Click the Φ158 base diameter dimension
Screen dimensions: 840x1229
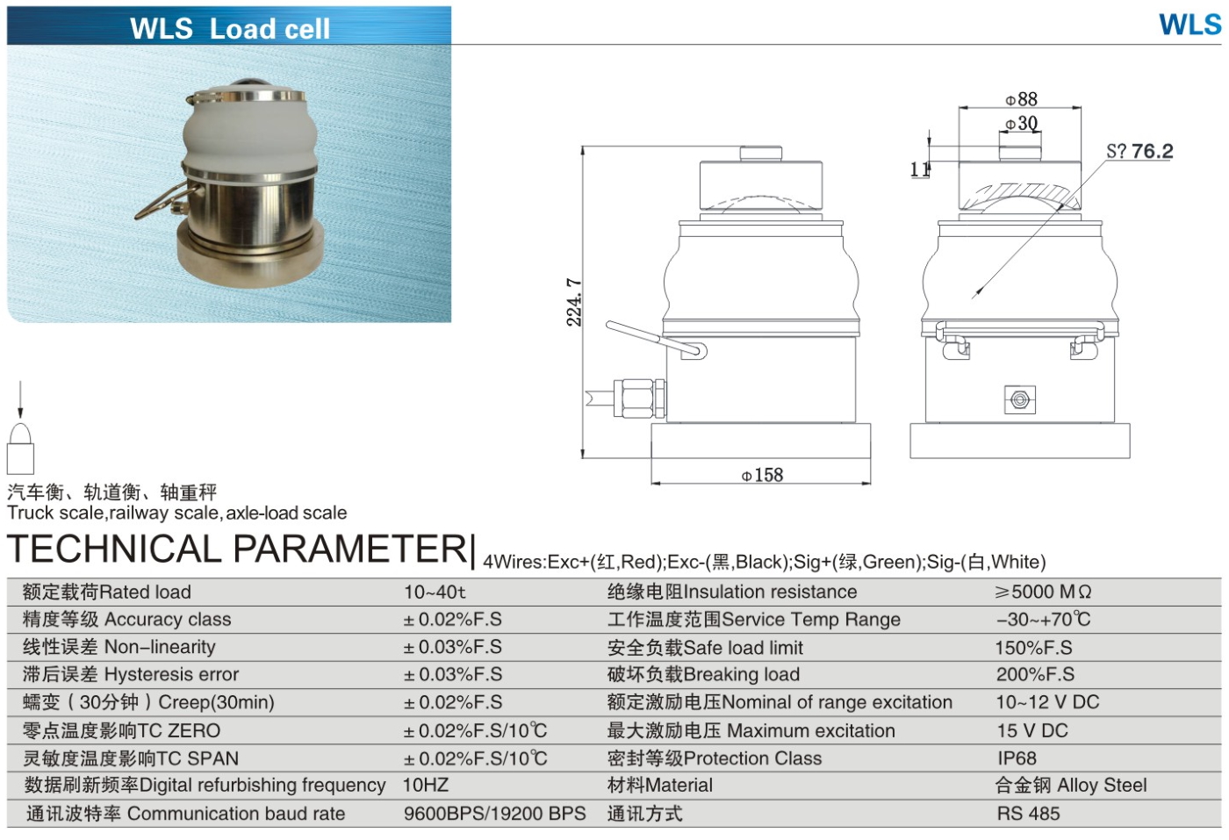pyautogui.click(x=762, y=475)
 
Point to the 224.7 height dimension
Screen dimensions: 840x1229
pyautogui.click(x=574, y=302)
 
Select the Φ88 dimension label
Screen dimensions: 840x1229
pyautogui.click(x=1021, y=99)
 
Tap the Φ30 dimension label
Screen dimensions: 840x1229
pyautogui.click(x=1021, y=124)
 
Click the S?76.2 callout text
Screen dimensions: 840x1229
pyautogui.click(x=1139, y=151)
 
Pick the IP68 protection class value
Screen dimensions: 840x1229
pyautogui.click(x=1017, y=758)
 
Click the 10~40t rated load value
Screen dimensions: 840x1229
pyautogui.click(x=435, y=592)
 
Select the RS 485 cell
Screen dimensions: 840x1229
pyautogui.click(x=1028, y=814)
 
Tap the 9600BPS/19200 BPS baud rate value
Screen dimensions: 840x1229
pyautogui.click(x=494, y=814)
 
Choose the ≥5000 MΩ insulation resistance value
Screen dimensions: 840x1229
pyautogui.click(x=1043, y=592)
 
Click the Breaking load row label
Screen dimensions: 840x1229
pyautogui.click(x=703, y=675)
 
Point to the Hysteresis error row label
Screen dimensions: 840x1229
pyautogui.click(x=131, y=675)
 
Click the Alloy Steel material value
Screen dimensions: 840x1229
pyautogui.click(x=1071, y=786)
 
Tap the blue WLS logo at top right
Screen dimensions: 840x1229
pyautogui.click(x=1189, y=25)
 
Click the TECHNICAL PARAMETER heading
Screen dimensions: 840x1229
pyautogui.click(x=238, y=549)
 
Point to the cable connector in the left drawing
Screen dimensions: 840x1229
pyautogui.click(x=638, y=397)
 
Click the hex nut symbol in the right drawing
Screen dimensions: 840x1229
pyautogui.click(x=1019, y=399)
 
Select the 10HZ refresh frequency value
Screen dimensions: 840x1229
pyautogui.click(x=426, y=786)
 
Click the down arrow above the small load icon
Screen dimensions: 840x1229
pyautogui.click(x=20, y=401)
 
